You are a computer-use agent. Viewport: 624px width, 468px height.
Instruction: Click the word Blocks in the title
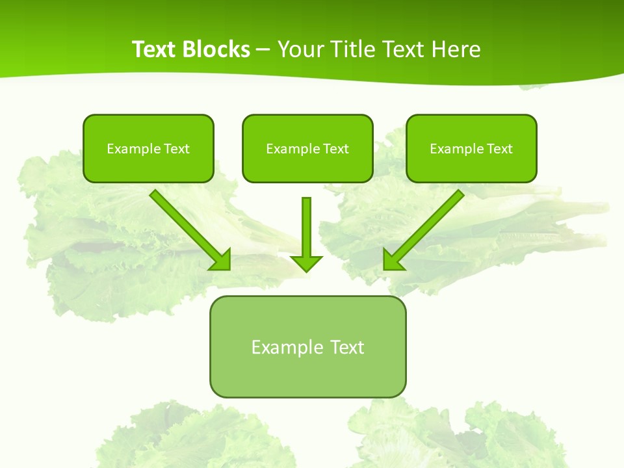216,49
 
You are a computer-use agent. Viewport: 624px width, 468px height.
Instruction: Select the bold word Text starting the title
155,49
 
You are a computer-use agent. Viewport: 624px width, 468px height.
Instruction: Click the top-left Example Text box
148,148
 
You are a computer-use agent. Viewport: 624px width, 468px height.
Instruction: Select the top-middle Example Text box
307,148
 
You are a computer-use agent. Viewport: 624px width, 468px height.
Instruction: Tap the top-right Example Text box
471,148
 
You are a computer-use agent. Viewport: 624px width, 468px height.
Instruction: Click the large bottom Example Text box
307,346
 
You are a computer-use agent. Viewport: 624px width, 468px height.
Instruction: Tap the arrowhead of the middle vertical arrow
306,263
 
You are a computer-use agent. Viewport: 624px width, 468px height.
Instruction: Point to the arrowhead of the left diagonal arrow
221,260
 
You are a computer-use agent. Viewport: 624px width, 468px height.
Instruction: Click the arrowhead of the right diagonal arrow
392,260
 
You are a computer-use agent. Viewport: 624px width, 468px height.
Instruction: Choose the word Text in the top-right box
499,149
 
